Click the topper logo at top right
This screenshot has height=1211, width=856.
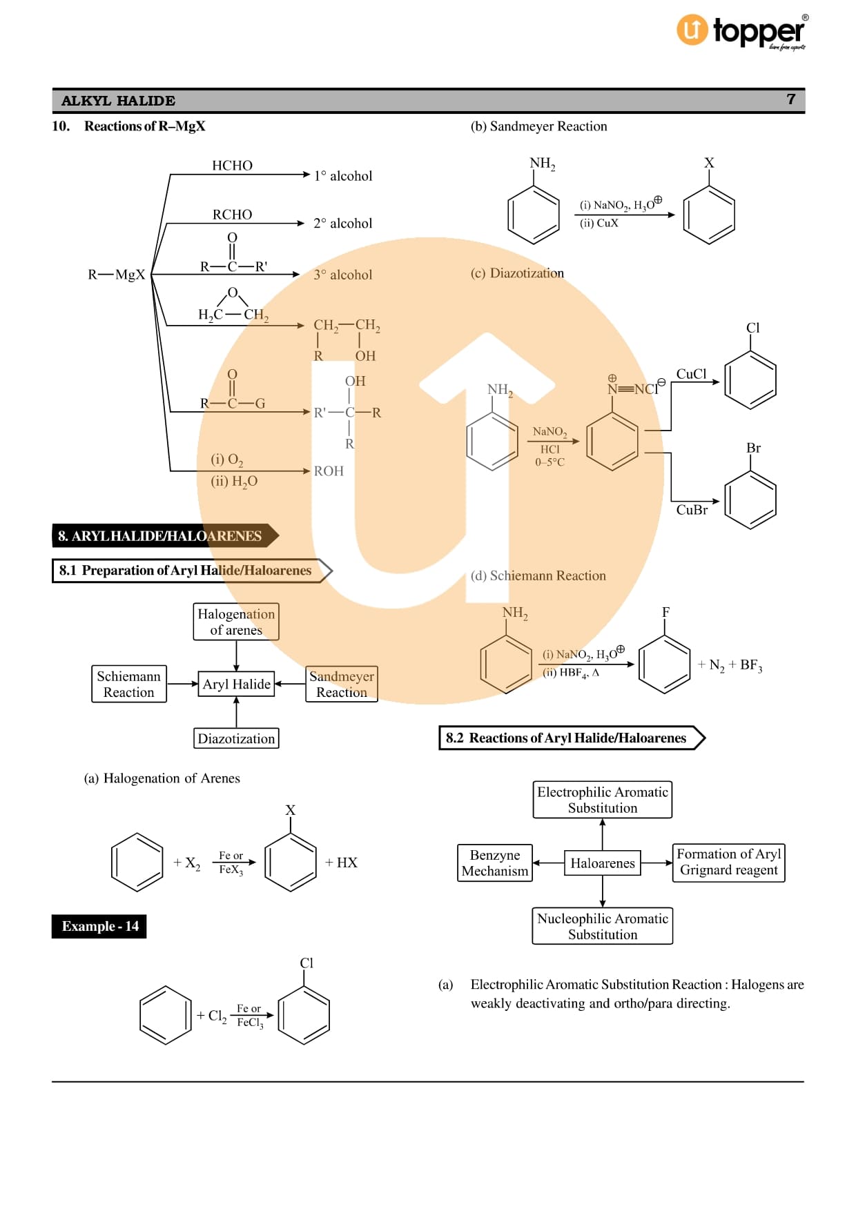click(x=741, y=32)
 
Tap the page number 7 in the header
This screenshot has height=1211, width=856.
click(x=791, y=99)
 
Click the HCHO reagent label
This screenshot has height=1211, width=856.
click(x=232, y=166)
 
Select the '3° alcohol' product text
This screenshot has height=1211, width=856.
click(x=342, y=275)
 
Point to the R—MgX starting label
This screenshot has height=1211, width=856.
click(x=116, y=275)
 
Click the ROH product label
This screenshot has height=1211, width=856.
click(x=329, y=471)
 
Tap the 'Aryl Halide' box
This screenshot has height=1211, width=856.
click(x=236, y=684)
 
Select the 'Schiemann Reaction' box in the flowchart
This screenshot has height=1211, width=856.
click(x=129, y=684)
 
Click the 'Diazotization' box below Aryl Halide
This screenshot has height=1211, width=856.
click(x=236, y=738)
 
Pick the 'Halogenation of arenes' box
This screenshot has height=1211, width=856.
click(x=236, y=622)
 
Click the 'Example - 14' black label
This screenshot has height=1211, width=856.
click(x=99, y=926)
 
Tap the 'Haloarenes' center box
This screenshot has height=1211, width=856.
click(x=602, y=863)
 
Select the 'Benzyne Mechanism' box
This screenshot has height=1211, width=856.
click(x=495, y=863)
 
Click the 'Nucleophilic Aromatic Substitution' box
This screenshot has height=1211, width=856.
click(x=602, y=926)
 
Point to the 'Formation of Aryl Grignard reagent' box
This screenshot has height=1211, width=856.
click(x=728, y=863)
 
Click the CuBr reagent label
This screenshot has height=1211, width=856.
click(x=692, y=510)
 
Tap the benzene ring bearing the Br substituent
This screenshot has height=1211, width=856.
click(x=750, y=500)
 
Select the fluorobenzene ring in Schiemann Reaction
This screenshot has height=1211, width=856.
click(x=664, y=663)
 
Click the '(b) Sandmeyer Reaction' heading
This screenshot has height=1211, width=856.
click(x=538, y=126)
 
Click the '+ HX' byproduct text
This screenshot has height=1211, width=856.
click(x=341, y=863)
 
